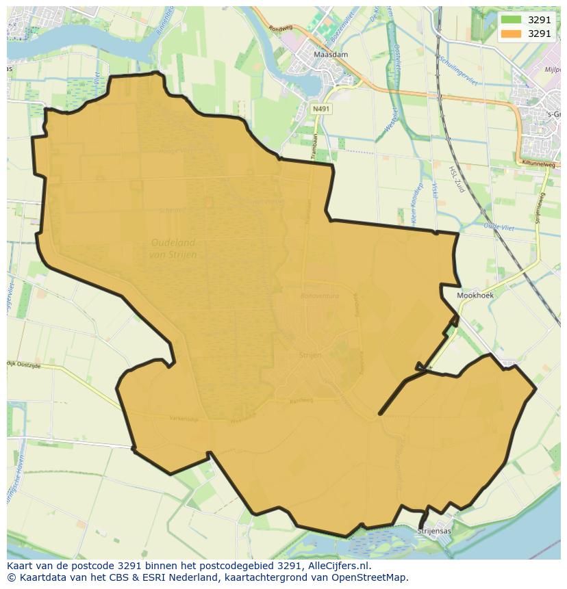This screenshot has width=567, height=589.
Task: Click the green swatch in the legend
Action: pyautogui.click(x=510, y=20)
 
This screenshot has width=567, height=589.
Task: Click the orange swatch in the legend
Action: pyautogui.click(x=510, y=34)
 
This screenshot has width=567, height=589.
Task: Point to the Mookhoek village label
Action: pyautogui.click(x=475, y=296)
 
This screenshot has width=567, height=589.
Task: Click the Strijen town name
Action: pyautogui.click(x=310, y=355)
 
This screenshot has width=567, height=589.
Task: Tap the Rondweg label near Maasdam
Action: pyautogui.click(x=281, y=29)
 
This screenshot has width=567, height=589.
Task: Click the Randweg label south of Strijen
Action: pyautogui.click(x=301, y=402)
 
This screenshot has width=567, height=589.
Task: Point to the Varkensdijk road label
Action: pyautogui.click(x=184, y=419)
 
